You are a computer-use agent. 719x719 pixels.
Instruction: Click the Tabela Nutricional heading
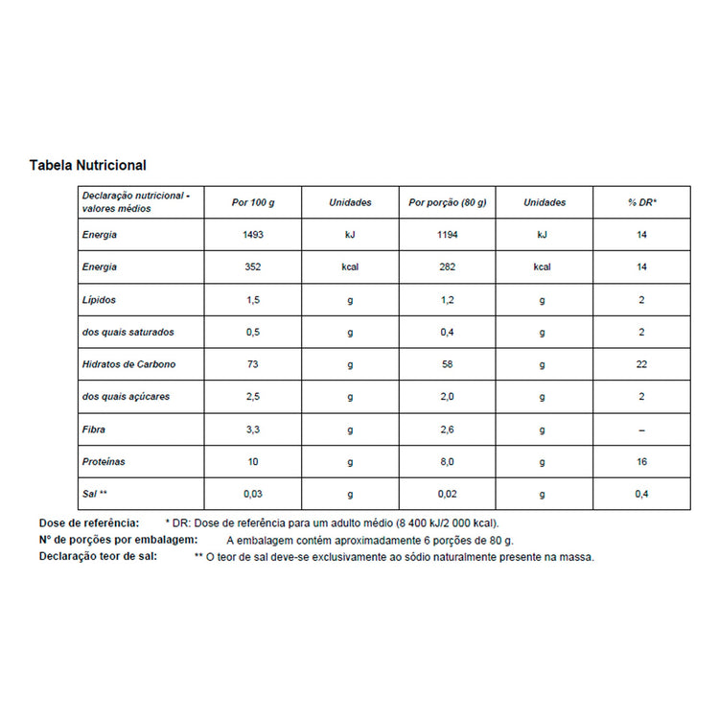point(87,166)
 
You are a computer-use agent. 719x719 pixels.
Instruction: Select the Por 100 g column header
point(253,202)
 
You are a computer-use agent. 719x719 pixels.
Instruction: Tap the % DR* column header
point(641,202)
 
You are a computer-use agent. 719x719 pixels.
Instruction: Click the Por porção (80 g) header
point(448,202)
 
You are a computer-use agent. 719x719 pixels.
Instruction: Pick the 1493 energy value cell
point(253,235)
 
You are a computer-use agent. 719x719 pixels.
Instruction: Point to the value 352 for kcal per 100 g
point(253,267)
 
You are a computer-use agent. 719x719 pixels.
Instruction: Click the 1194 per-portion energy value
point(448,235)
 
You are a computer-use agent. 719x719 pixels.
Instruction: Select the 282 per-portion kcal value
point(448,267)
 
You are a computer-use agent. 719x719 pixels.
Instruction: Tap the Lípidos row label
point(99,300)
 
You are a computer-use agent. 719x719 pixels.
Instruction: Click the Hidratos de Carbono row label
point(129,364)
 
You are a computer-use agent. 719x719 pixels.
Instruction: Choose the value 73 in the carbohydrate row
point(253,364)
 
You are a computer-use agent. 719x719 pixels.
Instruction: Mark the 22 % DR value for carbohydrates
point(641,364)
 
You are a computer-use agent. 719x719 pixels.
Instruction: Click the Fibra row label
point(94,429)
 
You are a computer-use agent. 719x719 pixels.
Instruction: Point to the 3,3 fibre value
point(253,429)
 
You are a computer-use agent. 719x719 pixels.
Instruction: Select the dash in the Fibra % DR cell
point(641,429)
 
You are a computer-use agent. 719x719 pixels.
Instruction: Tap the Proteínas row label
point(104,462)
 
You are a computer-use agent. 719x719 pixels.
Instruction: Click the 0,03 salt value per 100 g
point(253,494)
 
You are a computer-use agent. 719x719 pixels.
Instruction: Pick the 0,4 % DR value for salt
point(641,494)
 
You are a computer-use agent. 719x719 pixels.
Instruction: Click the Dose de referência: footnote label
point(89,523)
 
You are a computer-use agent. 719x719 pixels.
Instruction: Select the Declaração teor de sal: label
point(98,556)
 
